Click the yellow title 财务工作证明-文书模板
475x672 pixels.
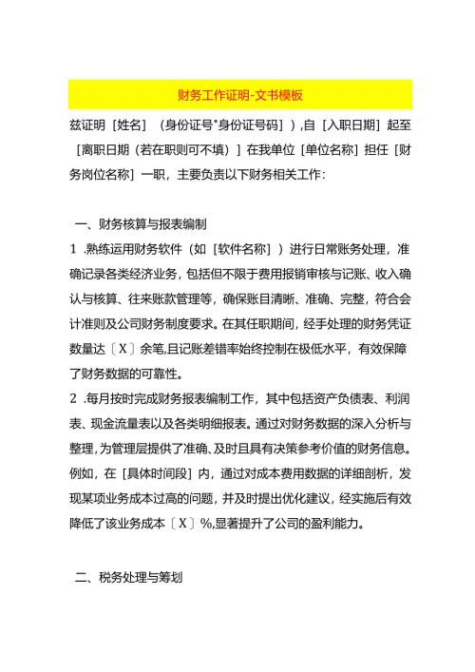click(x=239, y=95)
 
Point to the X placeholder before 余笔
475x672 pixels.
click(x=127, y=349)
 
